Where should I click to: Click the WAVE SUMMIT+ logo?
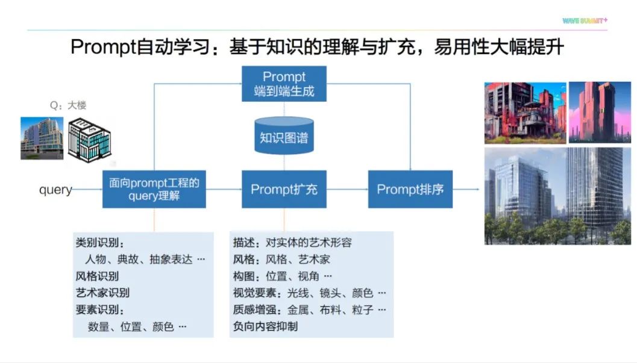coord(585,20)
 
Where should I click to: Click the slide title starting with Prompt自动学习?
coord(317,47)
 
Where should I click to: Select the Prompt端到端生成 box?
coord(284,84)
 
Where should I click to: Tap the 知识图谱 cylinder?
coord(284,137)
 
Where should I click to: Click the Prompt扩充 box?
coord(284,189)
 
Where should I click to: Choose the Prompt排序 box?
coord(410,189)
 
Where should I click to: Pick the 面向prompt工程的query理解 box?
coord(154,189)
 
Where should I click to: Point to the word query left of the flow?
coord(55,190)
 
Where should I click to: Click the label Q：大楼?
coord(68,105)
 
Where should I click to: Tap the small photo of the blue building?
coord(42,138)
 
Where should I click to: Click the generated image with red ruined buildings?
coord(525,113)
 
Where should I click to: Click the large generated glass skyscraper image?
coord(557,196)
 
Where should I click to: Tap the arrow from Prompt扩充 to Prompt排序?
coord(347,189)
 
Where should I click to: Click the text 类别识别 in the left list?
coord(99,243)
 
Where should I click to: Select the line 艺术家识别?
coord(102,293)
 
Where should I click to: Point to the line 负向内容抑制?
coord(265,327)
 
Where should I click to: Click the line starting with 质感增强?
coord(309,310)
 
